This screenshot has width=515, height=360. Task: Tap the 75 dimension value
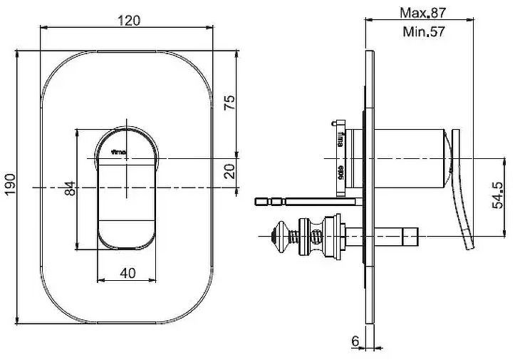(229, 103)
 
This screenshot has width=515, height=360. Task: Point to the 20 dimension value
(229, 172)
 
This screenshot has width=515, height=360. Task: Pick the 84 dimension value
(68, 189)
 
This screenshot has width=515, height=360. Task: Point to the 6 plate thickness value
(355, 341)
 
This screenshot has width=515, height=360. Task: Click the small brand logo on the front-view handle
(115, 152)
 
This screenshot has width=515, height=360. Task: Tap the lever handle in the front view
(127, 207)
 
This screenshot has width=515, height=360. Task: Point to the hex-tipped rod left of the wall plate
(299, 202)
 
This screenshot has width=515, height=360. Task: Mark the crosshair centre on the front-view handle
(128, 157)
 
